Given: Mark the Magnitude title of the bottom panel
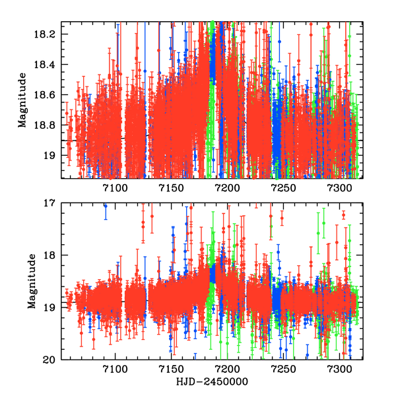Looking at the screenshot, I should (x=32, y=282).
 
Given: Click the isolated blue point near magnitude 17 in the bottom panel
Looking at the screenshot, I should (x=105, y=206).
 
